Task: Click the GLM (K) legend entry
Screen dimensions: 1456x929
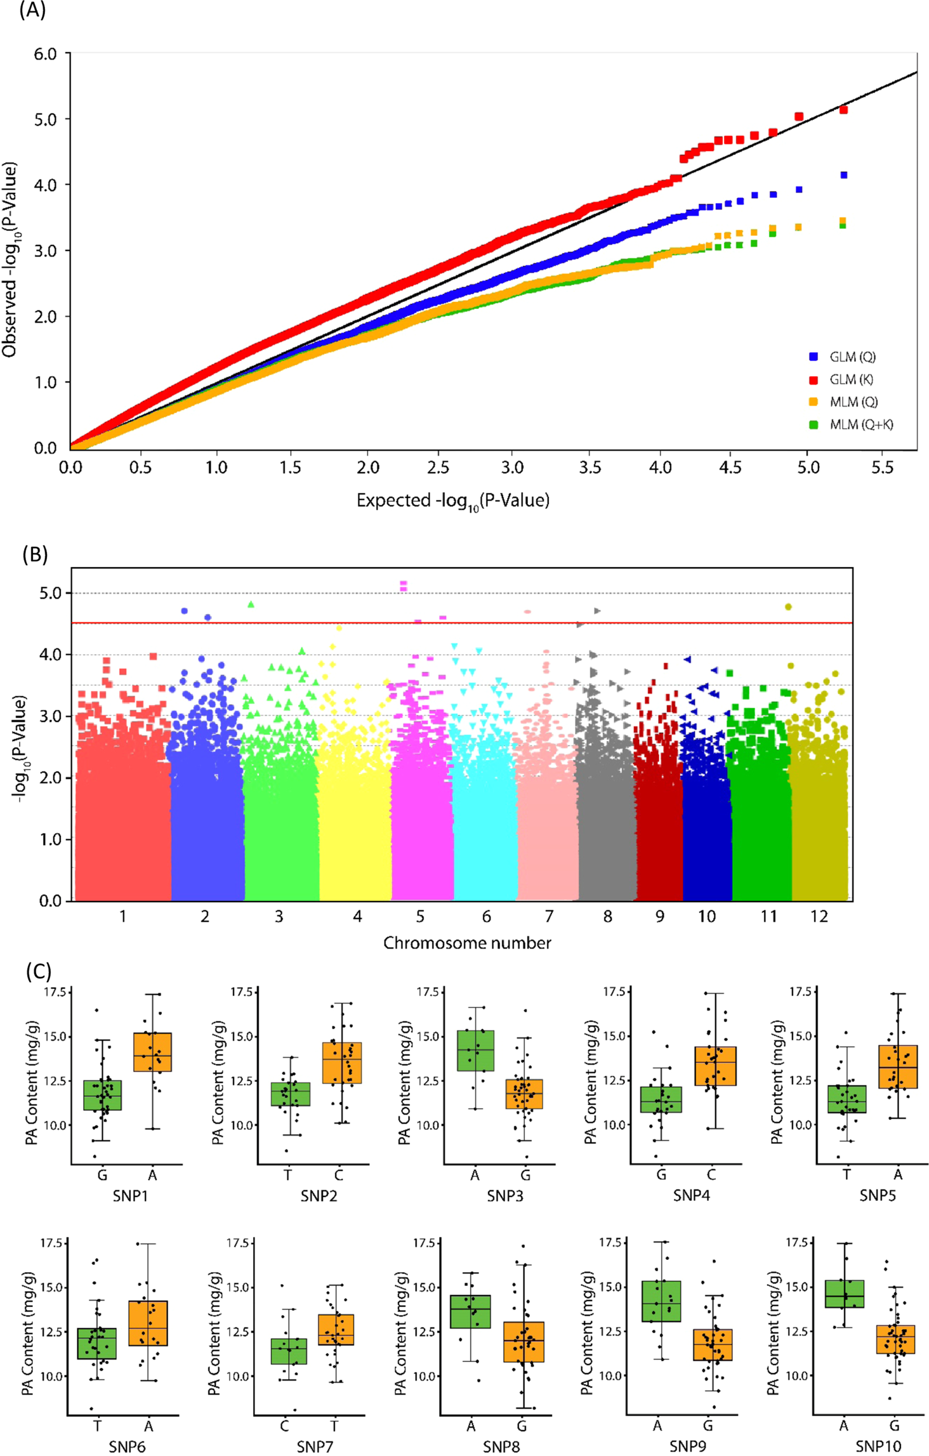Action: click(x=851, y=379)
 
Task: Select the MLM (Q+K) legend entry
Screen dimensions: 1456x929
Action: click(x=860, y=424)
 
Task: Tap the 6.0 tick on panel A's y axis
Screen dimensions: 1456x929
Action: click(x=45, y=54)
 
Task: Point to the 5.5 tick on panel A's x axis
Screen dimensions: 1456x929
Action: click(x=882, y=468)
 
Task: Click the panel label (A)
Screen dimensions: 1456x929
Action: click(x=32, y=10)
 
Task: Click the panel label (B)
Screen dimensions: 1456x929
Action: click(x=35, y=554)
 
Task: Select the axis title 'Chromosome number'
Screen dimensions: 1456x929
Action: click(x=467, y=943)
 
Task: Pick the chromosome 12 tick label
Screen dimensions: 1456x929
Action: click(x=819, y=916)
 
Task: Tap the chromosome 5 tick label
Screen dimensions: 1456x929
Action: click(x=420, y=916)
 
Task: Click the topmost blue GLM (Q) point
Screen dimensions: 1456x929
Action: click(x=844, y=175)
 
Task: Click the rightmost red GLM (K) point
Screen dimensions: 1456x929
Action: click(x=844, y=110)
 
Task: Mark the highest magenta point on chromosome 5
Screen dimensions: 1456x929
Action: click(x=403, y=583)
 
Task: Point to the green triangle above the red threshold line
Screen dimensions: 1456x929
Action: click(x=251, y=605)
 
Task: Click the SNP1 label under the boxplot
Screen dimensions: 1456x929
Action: click(x=130, y=1195)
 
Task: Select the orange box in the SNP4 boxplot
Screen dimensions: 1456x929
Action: click(x=715, y=1066)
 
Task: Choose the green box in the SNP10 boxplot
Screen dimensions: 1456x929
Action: click(x=844, y=1294)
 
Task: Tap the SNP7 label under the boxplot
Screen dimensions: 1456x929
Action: click(x=315, y=1446)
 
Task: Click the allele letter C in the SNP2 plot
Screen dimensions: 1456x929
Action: click(x=338, y=1175)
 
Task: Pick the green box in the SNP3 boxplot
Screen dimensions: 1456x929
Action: click(x=475, y=1051)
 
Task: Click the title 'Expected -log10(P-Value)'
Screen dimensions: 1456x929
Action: click(x=452, y=501)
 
